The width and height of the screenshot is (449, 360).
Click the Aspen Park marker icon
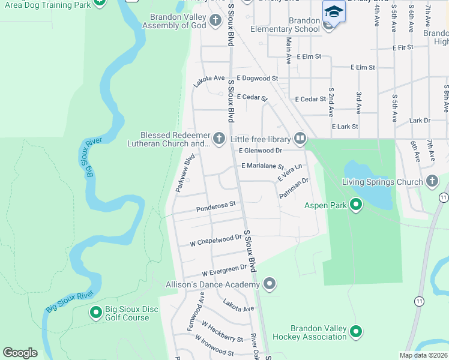point(356,205)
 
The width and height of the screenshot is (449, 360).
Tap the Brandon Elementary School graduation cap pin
point(334,11)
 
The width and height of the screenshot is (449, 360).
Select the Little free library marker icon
point(300,139)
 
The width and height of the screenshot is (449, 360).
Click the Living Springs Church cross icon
point(432,181)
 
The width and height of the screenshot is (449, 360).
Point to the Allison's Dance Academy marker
point(270,283)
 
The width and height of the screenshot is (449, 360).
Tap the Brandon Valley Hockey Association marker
point(356,331)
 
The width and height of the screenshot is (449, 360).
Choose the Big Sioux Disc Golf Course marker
point(95,313)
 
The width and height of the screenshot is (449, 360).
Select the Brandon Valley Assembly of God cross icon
point(215,22)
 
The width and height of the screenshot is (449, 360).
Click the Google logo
point(20,353)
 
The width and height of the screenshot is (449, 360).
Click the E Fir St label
point(402,47)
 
